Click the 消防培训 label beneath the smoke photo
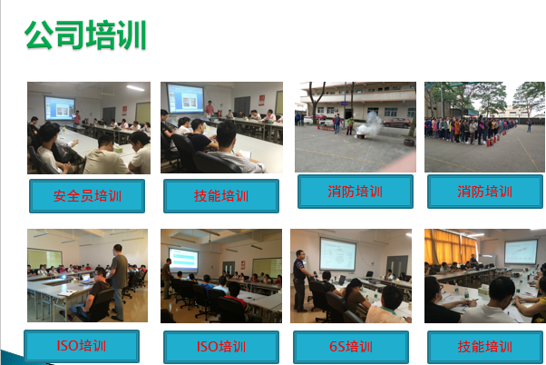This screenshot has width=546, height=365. (355, 192)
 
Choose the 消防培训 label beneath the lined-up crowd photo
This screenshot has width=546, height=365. (484, 192)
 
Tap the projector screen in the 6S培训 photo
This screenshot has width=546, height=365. (337, 254)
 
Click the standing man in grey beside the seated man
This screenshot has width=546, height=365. (118, 277)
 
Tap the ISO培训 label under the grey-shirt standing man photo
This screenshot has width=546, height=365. (81, 346)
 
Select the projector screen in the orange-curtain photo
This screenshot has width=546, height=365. (520, 252)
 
